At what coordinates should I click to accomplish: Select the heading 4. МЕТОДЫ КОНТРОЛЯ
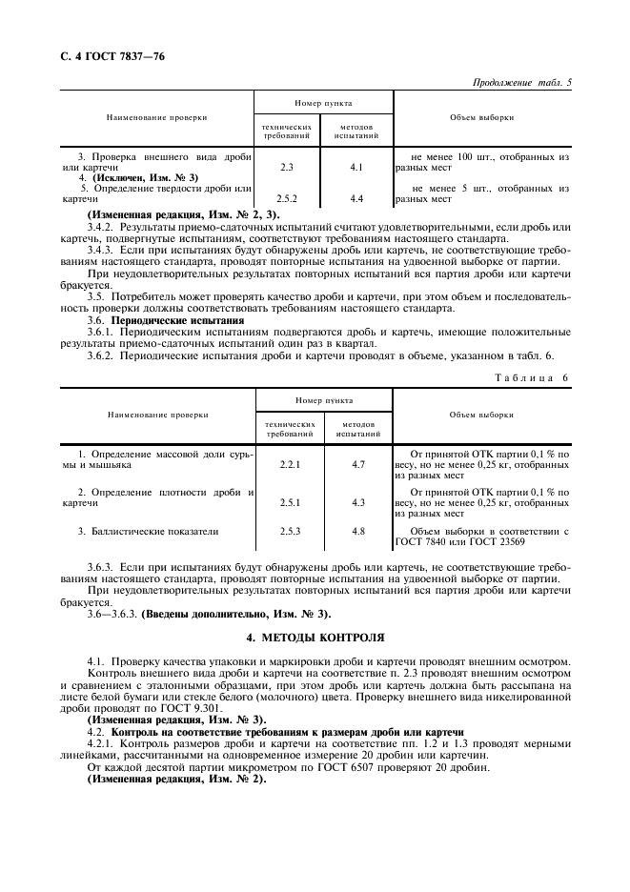[x=315, y=636]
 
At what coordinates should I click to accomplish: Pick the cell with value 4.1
[x=357, y=167]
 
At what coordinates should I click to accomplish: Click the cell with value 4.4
[x=357, y=199]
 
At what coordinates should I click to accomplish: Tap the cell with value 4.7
[x=358, y=464]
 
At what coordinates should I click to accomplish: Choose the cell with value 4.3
[x=358, y=502]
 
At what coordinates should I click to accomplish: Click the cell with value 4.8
[x=358, y=531]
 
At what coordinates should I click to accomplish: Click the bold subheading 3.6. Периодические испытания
[x=163, y=320]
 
